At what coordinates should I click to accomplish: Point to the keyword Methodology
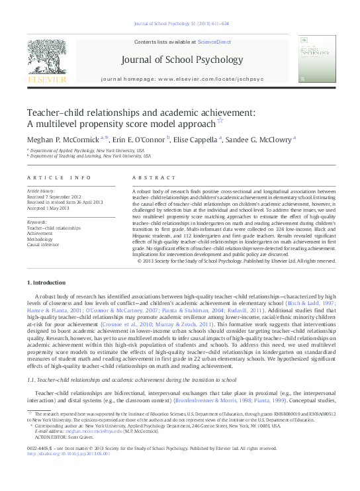coord(42,238)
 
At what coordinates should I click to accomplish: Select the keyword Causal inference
coord(44,244)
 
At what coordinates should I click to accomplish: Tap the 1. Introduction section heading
coord(46,283)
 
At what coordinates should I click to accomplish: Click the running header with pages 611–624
coord(181,23)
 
